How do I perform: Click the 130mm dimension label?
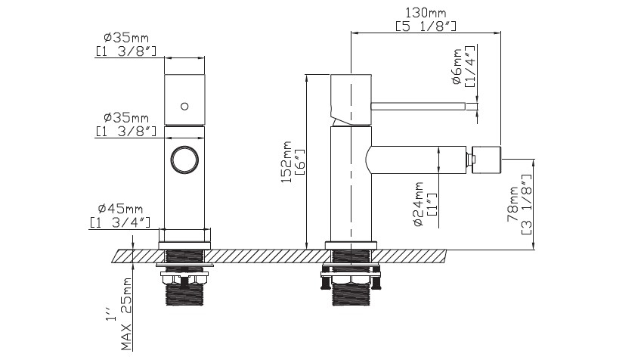426,13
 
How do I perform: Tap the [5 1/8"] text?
426,26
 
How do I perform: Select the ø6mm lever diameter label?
457,67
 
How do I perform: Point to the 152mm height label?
286,162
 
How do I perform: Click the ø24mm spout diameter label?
419,204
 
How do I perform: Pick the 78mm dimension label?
513,204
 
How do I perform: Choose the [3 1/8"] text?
526,204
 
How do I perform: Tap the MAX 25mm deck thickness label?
127,314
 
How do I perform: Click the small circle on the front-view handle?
184,107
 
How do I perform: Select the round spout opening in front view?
184,158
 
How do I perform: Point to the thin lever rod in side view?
418,107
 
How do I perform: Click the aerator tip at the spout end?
486,159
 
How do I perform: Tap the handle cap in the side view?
351,99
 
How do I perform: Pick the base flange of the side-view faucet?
351,245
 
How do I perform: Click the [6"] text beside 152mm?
299,162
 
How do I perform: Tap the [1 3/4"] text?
120,222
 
